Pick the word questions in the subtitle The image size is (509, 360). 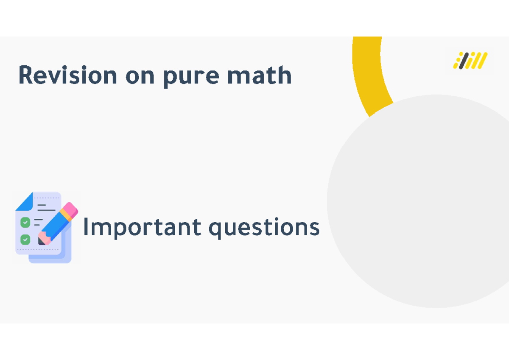(264, 228)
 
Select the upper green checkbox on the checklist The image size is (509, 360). (25, 222)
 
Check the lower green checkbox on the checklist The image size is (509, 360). (25, 240)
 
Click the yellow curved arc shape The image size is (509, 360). (369, 76)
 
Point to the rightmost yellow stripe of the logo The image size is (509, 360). (482, 61)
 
